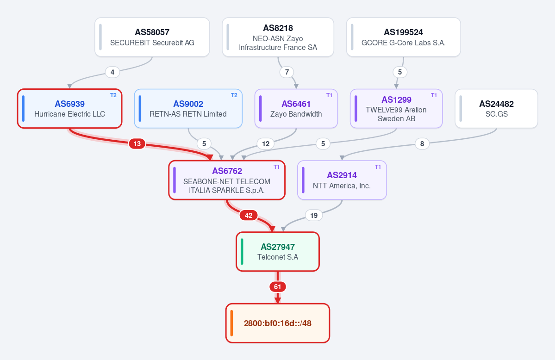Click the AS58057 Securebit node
click(x=152, y=37)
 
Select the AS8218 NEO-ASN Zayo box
click(x=278, y=37)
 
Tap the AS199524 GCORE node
click(x=404, y=37)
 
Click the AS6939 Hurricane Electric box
click(x=70, y=109)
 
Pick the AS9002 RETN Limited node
click(x=188, y=109)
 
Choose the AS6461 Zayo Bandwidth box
click(x=296, y=109)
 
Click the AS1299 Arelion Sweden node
click(x=396, y=109)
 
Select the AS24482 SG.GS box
click(x=497, y=109)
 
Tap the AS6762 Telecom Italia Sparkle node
click(x=227, y=180)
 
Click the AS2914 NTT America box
click(x=342, y=180)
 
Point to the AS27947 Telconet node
click(x=278, y=252)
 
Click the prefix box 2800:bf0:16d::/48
click(x=278, y=323)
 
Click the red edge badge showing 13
click(x=137, y=144)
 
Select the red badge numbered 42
click(x=249, y=215)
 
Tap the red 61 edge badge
click(x=278, y=287)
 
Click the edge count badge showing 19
click(x=314, y=215)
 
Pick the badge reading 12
click(x=266, y=144)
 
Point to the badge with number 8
click(x=422, y=144)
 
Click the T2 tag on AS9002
click(x=234, y=95)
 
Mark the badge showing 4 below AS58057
click(x=112, y=72)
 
